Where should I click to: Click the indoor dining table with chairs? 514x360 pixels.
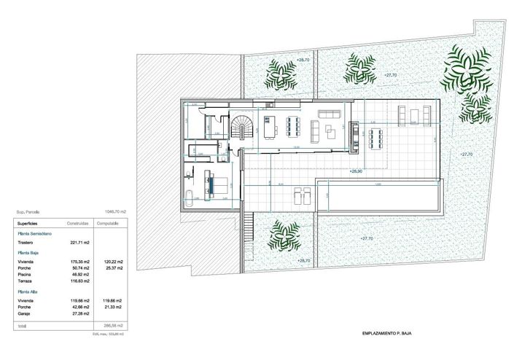point(295,125)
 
